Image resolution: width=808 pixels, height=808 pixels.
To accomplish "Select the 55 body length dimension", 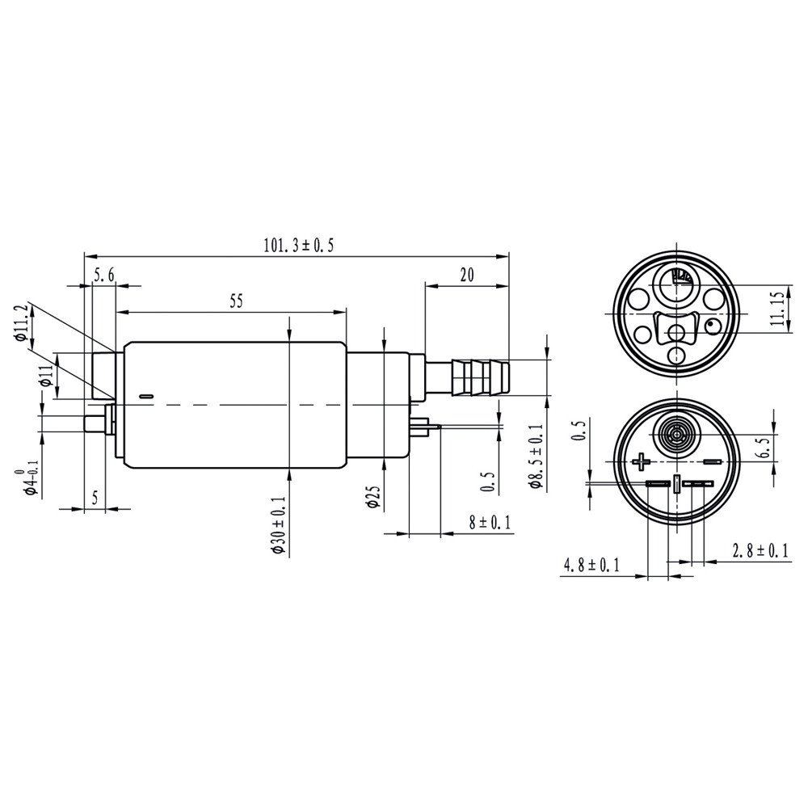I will pyautogui.click(x=236, y=301).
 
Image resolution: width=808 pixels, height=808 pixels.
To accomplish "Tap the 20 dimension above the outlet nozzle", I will pyautogui.click(x=466, y=275).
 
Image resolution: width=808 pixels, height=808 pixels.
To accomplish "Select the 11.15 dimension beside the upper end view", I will pyautogui.click(x=777, y=309).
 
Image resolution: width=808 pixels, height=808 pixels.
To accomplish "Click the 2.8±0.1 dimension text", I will pyautogui.click(x=760, y=551).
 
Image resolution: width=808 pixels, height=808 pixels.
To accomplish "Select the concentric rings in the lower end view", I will pyautogui.click(x=673, y=437).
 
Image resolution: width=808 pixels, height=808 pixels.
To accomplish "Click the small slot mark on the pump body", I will pyautogui.click(x=145, y=396).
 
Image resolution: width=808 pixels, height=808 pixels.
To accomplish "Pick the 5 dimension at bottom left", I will pyautogui.click(x=95, y=498).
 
